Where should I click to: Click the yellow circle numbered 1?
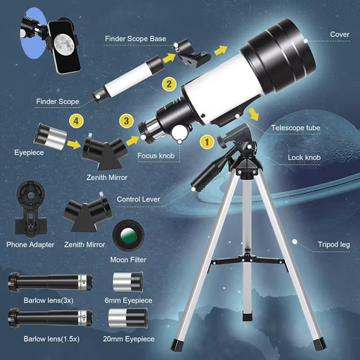[206, 142]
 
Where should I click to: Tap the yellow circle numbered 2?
[169, 84]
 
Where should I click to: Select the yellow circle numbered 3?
[126, 122]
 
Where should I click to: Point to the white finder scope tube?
[126, 73]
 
